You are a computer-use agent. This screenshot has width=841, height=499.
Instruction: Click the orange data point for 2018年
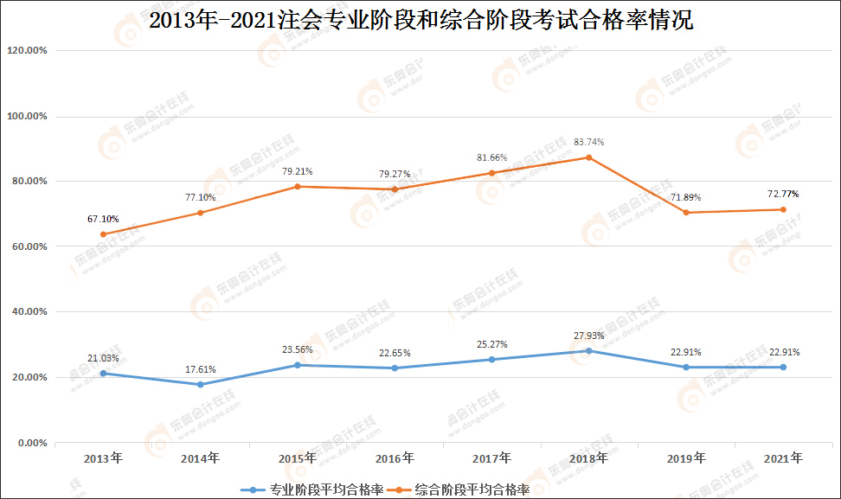[588, 157]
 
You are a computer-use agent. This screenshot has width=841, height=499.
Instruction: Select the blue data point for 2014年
[200, 385]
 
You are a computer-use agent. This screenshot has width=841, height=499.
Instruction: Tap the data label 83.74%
[588, 142]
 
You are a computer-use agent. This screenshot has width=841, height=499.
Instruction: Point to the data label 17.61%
[200, 369]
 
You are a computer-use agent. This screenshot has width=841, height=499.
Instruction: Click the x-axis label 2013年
[103, 457]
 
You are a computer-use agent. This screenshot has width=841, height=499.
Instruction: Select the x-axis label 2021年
[783, 457]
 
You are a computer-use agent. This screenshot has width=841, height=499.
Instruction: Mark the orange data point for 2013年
[103, 234]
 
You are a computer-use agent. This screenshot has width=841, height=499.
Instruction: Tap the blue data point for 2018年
[588, 350]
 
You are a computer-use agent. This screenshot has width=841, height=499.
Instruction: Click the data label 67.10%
[103, 219]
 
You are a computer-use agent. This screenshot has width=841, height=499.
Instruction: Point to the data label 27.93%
[588, 336]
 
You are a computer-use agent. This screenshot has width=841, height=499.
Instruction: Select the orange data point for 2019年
[686, 213]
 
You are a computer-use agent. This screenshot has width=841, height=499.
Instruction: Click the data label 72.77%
[783, 194]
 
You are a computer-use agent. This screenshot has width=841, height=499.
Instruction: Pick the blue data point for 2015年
[298, 365]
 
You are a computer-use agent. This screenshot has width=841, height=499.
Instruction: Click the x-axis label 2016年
[395, 457]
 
